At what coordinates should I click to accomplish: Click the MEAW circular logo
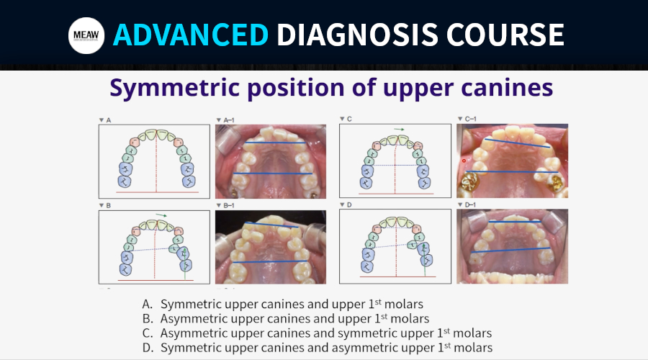coord(86,35)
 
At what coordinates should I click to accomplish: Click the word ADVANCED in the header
coord(191,35)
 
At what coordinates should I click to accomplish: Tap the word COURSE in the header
coord(505,35)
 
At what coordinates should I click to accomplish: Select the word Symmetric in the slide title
coord(175,88)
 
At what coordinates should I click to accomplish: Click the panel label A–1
coord(228,120)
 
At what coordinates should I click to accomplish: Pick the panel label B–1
coord(228,205)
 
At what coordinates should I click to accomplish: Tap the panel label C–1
coord(470,119)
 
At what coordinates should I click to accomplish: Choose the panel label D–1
coord(470,204)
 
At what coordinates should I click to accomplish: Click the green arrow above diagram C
coord(399,130)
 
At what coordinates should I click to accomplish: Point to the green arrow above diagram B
coord(161,215)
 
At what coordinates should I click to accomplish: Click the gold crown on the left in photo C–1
coord(470,183)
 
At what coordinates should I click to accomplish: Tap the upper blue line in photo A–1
coord(275,143)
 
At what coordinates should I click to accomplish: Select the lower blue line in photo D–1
coord(510,250)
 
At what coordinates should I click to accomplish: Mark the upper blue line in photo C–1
coord(518,143)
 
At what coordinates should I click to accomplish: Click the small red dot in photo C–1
coord(464,161)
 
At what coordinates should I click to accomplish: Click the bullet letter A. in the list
coord(148,305)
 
